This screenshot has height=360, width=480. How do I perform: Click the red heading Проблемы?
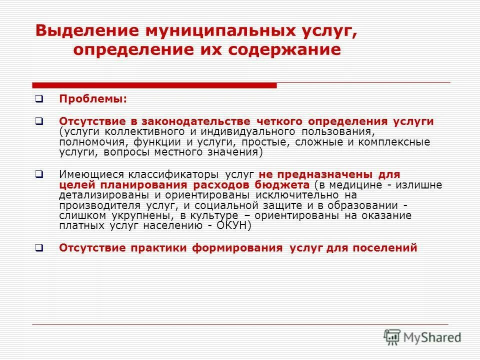point(93,99)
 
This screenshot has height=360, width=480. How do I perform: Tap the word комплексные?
point(397,142)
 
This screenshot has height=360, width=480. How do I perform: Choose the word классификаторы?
point(176,174)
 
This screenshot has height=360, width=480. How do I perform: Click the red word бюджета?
point(281,185)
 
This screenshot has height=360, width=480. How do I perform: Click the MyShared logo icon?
point(392,336)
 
